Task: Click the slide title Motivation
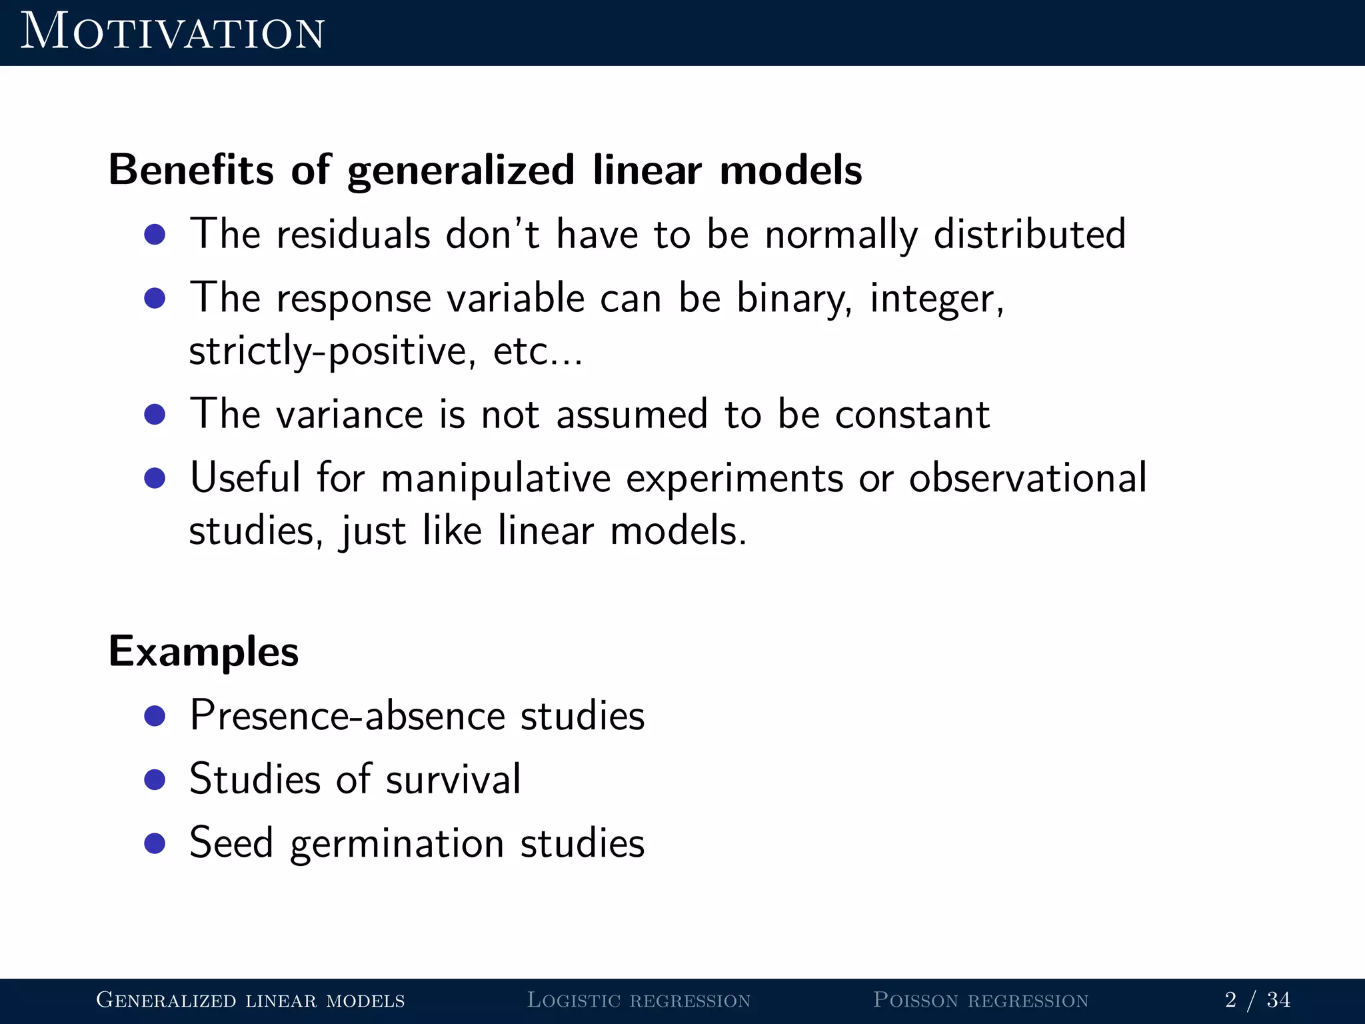[x=172, y=32]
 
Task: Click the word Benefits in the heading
[x=191, y=169]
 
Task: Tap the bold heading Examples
[x=203, y=651]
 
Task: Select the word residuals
[x=353, y=235]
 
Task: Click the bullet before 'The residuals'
[x=155, y=235]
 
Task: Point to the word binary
[x=794, y=298]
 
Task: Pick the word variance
[x=349, y=414]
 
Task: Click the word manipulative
[x=496, y=478]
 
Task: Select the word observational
[x=1027, y=478]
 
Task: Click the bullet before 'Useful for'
[x=155, y=478]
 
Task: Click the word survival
[x=453, y=779]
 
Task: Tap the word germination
[x=397, y=843]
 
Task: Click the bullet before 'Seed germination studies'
[x=155, y=843]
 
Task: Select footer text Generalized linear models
[x=251, y=1000]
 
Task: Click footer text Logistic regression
[x=639, y=1000]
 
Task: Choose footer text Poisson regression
[x=980, y=1000]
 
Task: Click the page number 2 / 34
[x=1257, y=1000]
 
